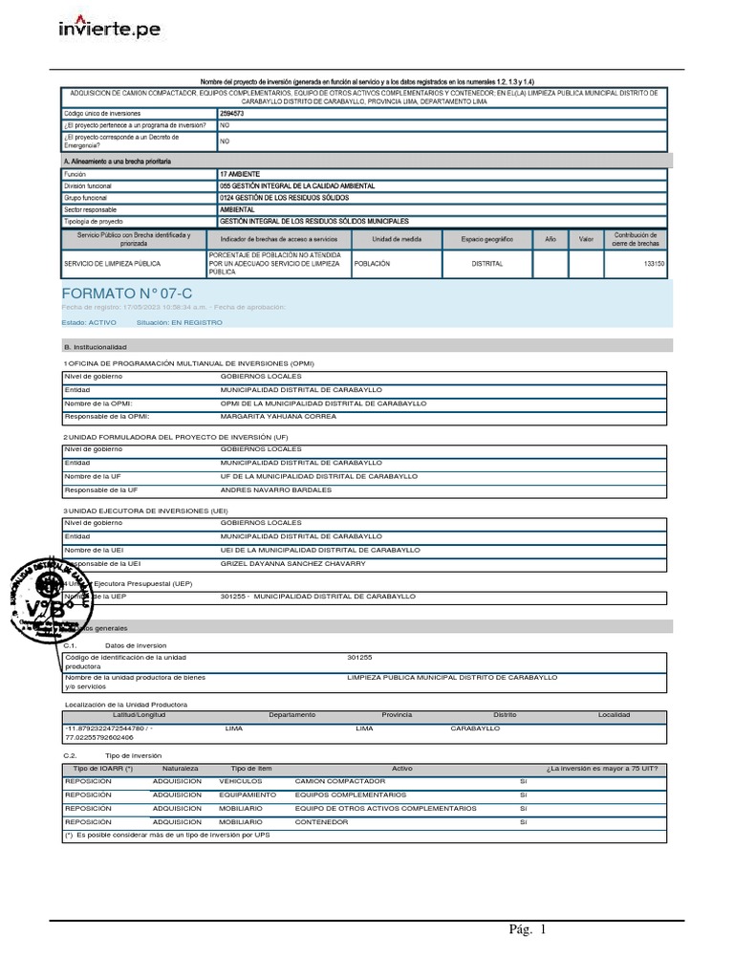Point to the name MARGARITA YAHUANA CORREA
point(278,417)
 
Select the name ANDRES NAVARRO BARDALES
point(275,489)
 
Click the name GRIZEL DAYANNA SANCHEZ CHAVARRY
point(292,564)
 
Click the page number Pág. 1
point(529,930)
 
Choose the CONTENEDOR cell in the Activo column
point(321,821)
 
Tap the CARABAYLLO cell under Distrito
point(475,728)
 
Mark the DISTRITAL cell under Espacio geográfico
point(486,263)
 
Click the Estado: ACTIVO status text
point(90,323)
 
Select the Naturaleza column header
point(180,768)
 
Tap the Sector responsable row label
point(91,208)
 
